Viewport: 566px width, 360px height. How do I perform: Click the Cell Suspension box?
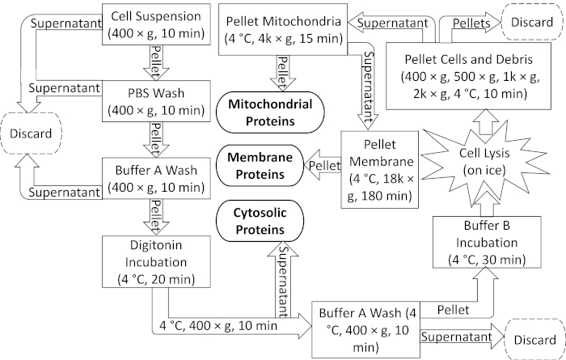coord(156,24)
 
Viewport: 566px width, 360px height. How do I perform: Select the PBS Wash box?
coord(156,101)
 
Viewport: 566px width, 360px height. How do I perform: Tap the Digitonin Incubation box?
coord(156,262)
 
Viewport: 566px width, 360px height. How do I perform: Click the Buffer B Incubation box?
coord(487,242)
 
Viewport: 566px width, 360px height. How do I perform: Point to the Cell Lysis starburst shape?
coord(484,162)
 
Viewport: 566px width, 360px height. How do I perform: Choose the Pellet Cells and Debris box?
coord(468,76)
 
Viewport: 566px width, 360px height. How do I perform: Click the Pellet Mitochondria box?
coord(283,30)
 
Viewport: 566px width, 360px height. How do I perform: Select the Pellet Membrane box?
coord(380,170)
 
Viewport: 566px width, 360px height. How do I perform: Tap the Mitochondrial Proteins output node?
coord(270,112)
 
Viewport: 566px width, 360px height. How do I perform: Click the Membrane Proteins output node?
coord(260,166)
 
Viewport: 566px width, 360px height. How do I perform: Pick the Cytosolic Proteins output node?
coord(260,221)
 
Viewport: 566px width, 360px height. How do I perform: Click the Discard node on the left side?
coord(31,133)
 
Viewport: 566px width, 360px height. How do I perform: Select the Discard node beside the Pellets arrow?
coord(532,22)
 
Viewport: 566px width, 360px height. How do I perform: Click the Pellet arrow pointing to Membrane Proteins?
coord(323,165)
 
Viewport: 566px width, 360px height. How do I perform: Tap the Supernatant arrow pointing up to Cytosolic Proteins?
coord(283,278)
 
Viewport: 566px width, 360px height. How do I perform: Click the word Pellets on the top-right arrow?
coord(471,23)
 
